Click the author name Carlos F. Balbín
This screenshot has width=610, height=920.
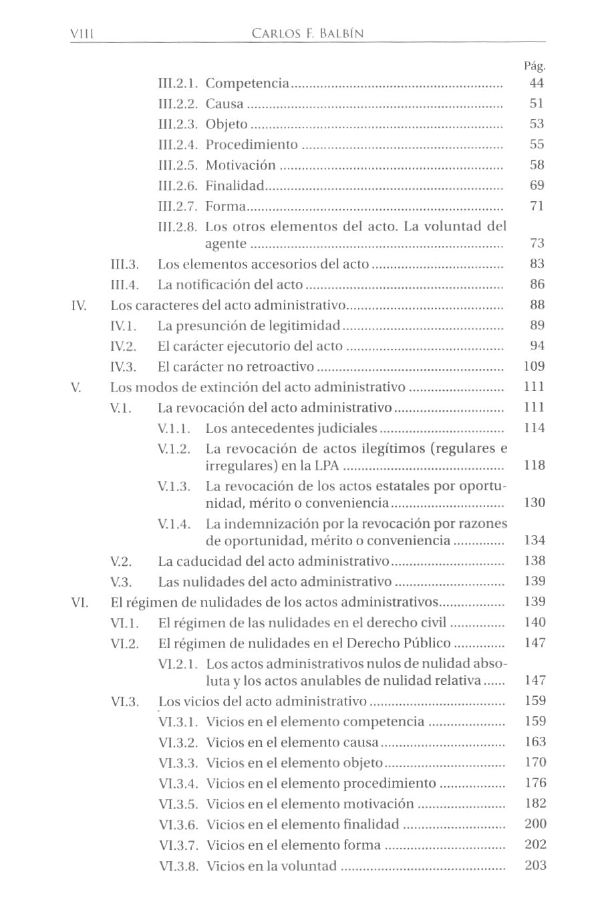(x=308, y=33)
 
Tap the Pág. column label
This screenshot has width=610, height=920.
(x=535, y=66)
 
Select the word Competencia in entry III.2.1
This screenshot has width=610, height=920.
(x=247, y=84)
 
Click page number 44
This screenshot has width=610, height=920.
(x=537, y=83)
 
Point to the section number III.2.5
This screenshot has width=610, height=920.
(x=177, y=166)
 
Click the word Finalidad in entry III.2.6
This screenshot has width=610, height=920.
(x=235, y=186)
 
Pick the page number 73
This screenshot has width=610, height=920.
(x=537, y=243)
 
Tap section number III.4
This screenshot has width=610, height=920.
(x=125, y=285)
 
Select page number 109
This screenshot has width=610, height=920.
(x=535, y=366)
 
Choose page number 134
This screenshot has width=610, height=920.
(x=535, y=540)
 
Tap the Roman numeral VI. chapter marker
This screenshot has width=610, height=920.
(x=80, y=603)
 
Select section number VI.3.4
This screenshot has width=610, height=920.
(x=178, y=784)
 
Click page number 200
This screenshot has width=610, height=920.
(x=535, y=824)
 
